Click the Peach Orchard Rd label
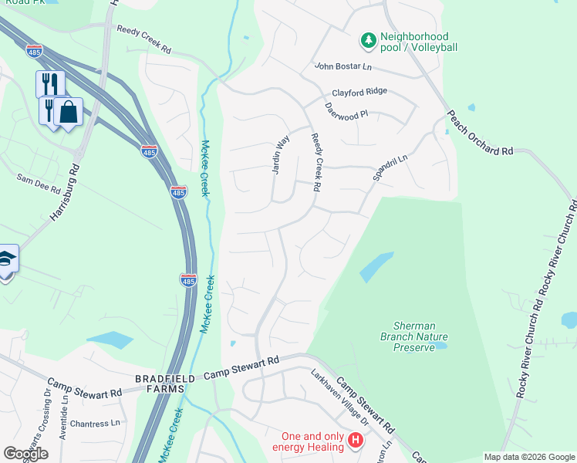click(479, 132)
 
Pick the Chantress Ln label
click(95, 423)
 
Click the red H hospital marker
click(356, 441)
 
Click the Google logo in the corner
click(25, 453)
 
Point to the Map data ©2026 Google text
click(528, 457)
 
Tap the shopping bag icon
click(68, 112)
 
